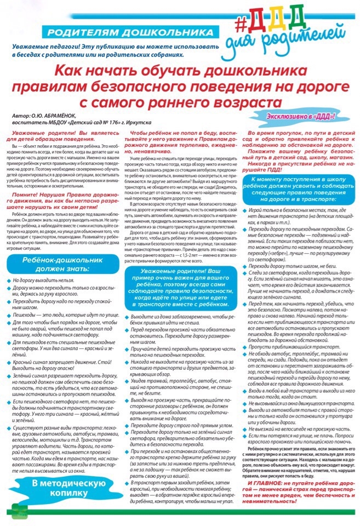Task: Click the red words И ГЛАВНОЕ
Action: [270, 484]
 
